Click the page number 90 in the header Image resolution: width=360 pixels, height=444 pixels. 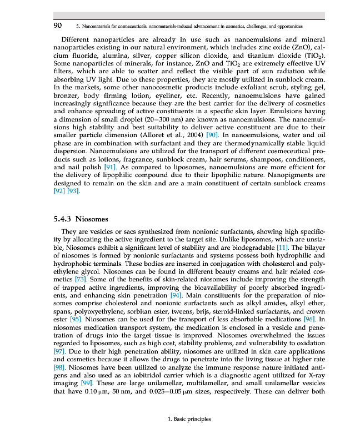pos(57,26)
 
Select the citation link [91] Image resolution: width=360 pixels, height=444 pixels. pos(109,167)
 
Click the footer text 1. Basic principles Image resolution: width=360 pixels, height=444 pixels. pos(189,419)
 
